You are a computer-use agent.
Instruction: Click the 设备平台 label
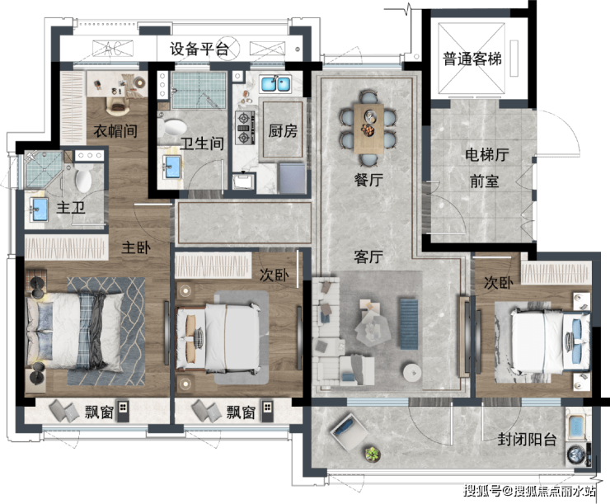pos(199,49)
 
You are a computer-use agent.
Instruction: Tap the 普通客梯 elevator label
pos(472,59)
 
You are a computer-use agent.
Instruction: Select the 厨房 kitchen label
pos(283,131)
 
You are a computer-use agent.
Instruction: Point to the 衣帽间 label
pos(115,131)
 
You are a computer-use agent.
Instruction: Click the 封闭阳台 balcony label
pos(527,440)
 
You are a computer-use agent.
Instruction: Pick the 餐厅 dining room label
pos(368,180)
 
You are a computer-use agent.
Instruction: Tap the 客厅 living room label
pos(368,257)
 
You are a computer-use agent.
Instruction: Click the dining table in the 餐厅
pos(368,129)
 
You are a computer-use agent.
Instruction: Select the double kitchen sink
pos(276,84)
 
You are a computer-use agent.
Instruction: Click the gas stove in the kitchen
pos(244,128)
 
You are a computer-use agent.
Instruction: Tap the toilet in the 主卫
pos(83,178)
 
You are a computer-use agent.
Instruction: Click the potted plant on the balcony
pos(373,455)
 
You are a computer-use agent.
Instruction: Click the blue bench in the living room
pos(409,324)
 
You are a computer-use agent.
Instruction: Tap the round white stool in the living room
pos(412,373)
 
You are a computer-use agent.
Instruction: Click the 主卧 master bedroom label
pos(136,247)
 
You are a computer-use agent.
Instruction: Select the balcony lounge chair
pos(349,431)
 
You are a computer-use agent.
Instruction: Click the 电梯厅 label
pos(486,154)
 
